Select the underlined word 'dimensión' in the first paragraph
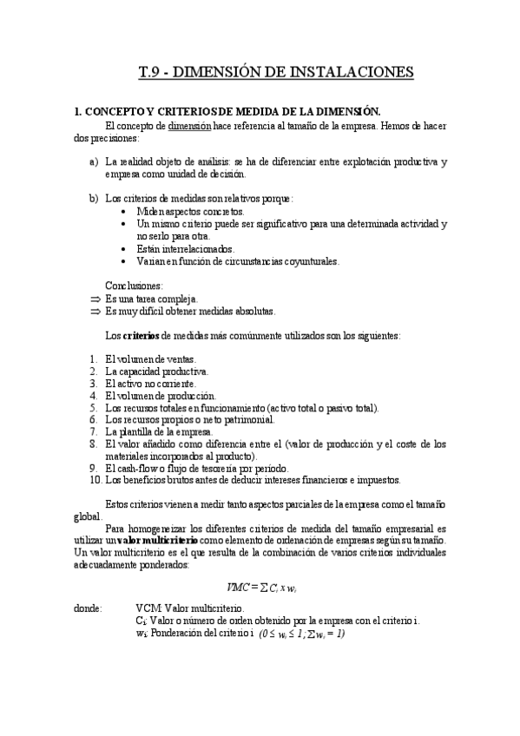click(x=190, y=126)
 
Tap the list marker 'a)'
click(x=94, y=162)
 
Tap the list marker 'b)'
click(x=94, y=199)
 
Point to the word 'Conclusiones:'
click(x=134, y=285)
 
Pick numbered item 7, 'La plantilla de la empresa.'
click(x=158, y=431)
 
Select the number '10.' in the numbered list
click(x=95, y=480)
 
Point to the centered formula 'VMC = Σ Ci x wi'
click(x=262, y=586)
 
